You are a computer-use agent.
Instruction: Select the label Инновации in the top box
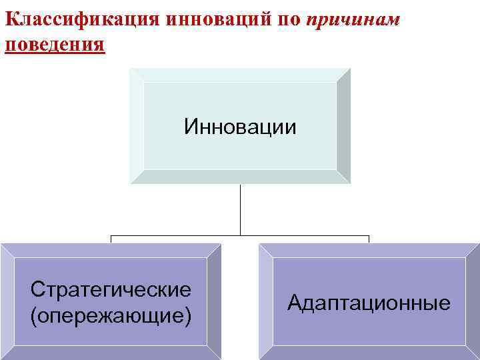(x=240, y=126)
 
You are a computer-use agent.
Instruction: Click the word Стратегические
(x=111, y=289)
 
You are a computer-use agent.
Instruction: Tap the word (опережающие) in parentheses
(x=111, y=314)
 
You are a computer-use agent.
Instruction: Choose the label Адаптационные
(x=369, y=303)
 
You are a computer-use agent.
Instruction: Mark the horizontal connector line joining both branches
(x=173, y=235)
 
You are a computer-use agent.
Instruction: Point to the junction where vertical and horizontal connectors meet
(x=240, y=235)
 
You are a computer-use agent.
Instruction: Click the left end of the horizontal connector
(x=111, y=235)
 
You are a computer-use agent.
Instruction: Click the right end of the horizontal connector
(x=369, y=235)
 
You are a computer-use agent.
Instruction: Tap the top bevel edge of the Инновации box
(x=240, y=75)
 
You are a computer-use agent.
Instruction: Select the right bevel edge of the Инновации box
(x=343, y=126)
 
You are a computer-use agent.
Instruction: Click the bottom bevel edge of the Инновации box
(x=240, y=177)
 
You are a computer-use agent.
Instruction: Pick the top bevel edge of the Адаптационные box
(x=369, y=250)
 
